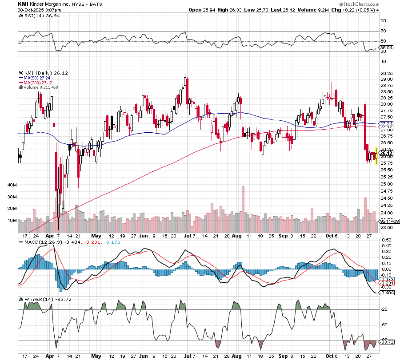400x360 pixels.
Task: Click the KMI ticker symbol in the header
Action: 23,4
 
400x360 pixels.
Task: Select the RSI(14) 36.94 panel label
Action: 38,16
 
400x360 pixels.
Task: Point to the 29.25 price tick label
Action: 386,73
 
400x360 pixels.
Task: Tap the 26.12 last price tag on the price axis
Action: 385,153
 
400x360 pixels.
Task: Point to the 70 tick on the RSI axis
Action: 383,31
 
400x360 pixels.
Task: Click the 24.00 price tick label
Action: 386,212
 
